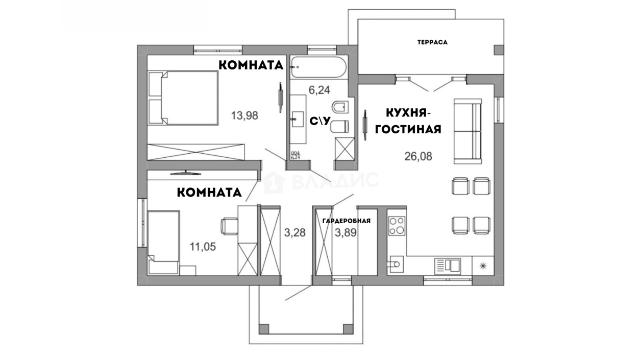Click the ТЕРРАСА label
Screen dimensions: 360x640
[x=432, y=43]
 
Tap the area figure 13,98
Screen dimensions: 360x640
[x=244, y=115]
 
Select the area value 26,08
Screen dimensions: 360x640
[x=417, y=156]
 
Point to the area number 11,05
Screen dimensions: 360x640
[x=203, y=247]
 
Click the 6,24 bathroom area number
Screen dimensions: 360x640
[x=319, y=90]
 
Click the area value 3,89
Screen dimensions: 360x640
[x=345, y=233]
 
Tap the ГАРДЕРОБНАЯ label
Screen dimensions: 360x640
[x=347, y=221]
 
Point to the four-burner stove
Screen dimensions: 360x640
[x=397, y=226]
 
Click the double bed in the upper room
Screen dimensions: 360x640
[x=183, y=98]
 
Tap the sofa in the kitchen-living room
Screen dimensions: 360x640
[x=467, y=131]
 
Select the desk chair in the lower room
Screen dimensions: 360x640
[x=229, y=225]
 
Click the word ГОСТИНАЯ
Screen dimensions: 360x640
[x=408, y=129]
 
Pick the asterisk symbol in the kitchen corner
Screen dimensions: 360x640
[x=483, y=265]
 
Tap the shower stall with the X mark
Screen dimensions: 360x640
[x=344, y=149]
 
